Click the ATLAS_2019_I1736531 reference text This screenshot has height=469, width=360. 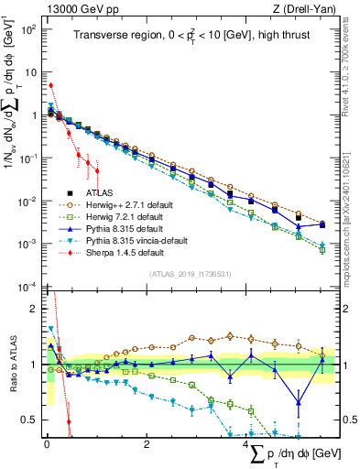tap(188, 273)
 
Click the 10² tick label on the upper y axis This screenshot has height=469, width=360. tap(29, 29)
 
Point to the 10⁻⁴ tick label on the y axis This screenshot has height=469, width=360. tap(28, 287)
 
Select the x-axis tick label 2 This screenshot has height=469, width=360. tap(147, 445)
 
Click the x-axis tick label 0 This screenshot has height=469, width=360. tap(47, 445)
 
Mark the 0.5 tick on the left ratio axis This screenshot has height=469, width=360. tap(29, 420)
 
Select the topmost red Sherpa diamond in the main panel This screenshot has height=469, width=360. tap(50, 86)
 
